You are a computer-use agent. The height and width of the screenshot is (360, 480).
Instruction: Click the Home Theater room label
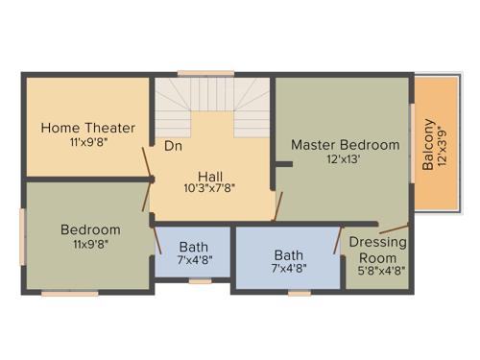88,128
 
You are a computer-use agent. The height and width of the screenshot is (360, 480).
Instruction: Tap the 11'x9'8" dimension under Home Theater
88,142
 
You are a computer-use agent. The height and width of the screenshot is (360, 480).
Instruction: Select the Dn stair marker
173,147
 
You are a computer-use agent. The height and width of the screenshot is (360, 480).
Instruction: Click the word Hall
210,175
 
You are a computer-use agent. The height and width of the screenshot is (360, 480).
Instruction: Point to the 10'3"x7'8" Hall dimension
210,188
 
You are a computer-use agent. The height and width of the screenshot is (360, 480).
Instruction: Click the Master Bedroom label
345,145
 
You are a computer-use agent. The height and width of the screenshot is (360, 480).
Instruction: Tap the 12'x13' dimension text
345,159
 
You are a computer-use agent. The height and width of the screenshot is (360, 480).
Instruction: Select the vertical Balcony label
429,144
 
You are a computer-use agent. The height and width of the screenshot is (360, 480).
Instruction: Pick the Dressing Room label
372,251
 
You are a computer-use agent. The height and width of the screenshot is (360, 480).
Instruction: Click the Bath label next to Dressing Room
288,255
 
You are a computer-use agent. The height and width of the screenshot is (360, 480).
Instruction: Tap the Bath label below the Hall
193,248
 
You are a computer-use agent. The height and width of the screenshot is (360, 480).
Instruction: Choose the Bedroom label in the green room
90,229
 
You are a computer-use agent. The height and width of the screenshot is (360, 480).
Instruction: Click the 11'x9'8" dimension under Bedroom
90,244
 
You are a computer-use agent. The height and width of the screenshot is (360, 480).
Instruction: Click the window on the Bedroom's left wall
23,234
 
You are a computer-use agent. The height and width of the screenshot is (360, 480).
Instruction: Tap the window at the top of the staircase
205,73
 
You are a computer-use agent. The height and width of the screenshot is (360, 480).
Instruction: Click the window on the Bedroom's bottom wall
69,293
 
